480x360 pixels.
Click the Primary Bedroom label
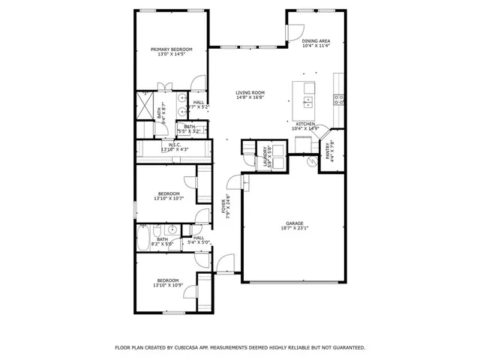coord(171,49)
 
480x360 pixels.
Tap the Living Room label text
coord(250,92)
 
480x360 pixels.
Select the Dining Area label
coord(316,41)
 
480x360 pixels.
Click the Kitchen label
coord(304,123)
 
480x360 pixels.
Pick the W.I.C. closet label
coord(173,145)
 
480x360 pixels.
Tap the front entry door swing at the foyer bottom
coord(224,263)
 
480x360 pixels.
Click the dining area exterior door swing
coord(294,32)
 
